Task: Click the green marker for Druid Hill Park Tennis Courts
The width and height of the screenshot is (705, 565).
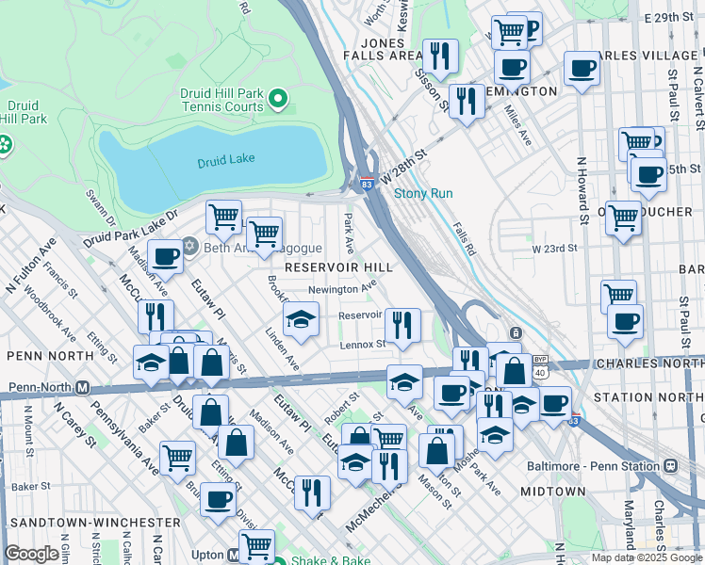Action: (278, 98)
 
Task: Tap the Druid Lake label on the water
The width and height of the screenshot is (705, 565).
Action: (226, 162)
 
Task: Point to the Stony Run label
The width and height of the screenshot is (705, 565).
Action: (423, 193)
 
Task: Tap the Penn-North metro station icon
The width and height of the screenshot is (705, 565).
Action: (82, 388)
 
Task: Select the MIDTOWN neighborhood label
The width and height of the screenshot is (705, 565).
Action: (553, 492)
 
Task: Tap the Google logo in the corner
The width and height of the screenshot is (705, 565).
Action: (32, 554)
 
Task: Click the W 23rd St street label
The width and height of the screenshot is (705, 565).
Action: (553, 249)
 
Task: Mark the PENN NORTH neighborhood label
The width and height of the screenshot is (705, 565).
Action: (39, 357)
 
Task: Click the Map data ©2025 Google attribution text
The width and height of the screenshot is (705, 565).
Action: (647, 557)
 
